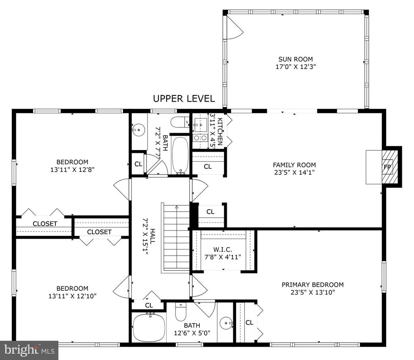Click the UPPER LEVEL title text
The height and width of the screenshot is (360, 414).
pyautogui.click(x=184, y=99)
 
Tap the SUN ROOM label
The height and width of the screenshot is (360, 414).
pyautogui.click(x=296, y=59)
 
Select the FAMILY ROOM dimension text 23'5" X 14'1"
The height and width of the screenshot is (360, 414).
pyautogui.click(x=294, y=172)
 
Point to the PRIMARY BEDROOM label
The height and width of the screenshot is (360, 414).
pyautogui.click(x=313, y=285)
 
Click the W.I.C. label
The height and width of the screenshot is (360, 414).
pyautogui.click(x=223, y=249)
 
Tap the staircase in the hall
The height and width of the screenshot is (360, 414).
pyautogui.click(x=175, y=238)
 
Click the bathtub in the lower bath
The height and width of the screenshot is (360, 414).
pyautogui.click(x=149, y=327)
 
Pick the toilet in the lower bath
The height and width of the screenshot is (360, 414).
pyautogui.click(x=181, y=312)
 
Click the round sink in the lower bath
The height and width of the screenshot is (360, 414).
pyautogui.click(x=226, y=323)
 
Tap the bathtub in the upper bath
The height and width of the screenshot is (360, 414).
pyautogui.click(x=180, y=155)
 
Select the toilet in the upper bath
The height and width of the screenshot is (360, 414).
pyautogui.click(x=180, y=122)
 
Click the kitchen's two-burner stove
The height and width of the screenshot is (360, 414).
pyautogui.click(x=200, y=138)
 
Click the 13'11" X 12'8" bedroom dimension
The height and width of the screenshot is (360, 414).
pyautogui.click(x=72, y=169)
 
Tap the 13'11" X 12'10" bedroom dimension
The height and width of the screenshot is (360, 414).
pyautogui.click(x=72, y=296)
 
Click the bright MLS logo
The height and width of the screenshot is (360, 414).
pyautogui.click(x=29, y=350)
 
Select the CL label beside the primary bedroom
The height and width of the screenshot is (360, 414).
pyautogui.click(x=249, y=322)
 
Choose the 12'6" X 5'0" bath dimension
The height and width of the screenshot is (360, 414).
pyautogui.click(x=192, y=333)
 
